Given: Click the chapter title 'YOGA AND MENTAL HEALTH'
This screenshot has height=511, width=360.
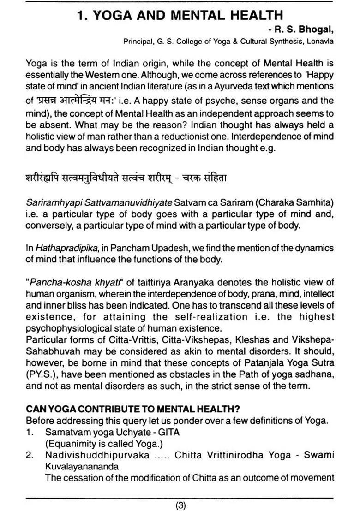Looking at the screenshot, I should click(x=180, y=16).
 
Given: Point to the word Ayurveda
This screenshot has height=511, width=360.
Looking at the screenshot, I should click(x=251, y=86).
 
